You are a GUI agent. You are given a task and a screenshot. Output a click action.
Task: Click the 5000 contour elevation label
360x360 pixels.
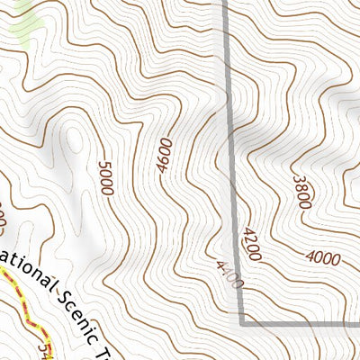pyautogui.click(x=106, y=177)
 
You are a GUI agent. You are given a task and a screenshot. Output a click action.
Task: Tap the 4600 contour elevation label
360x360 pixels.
pyautogui.click(x=163, y=154)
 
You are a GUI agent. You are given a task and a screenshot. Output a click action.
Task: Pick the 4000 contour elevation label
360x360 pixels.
pyautogui.click(x=322, y=259)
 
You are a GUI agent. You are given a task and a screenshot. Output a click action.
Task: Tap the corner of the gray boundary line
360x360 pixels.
pyautogui.click(x=242, y=320)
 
